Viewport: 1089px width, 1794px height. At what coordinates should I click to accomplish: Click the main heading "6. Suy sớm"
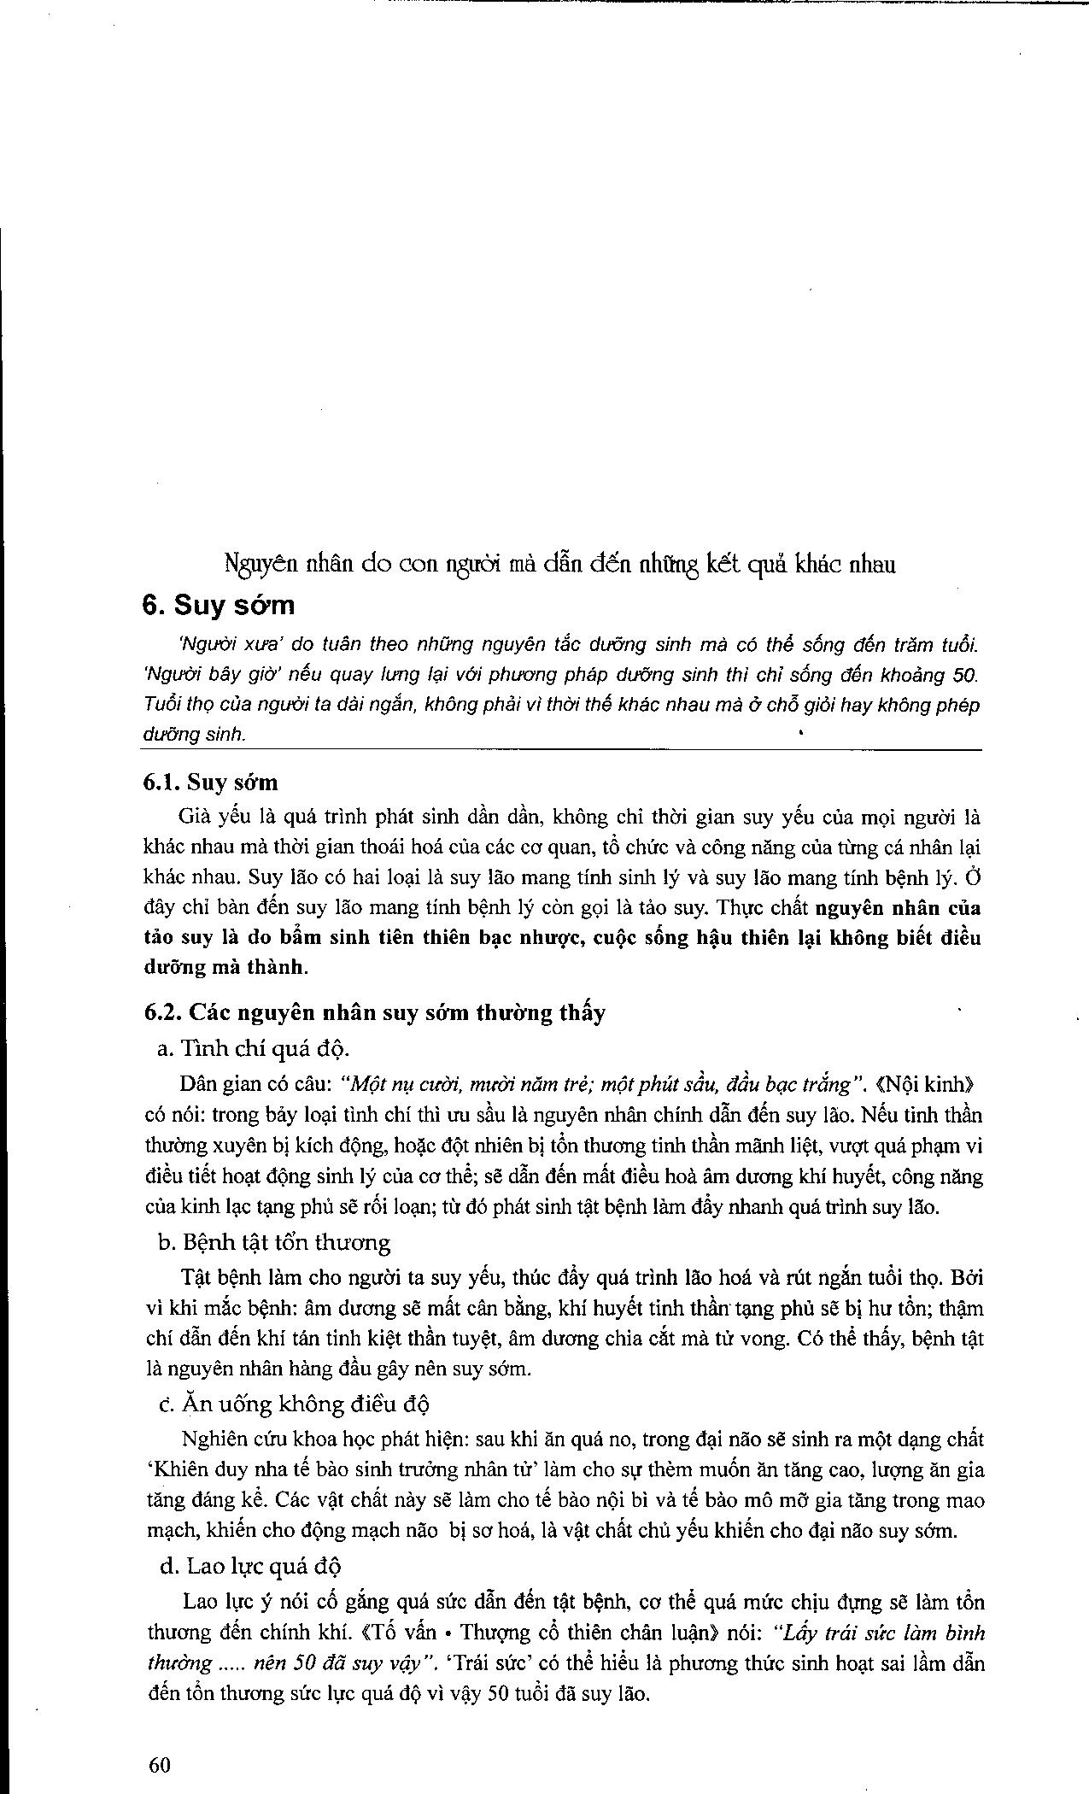pos(218,605)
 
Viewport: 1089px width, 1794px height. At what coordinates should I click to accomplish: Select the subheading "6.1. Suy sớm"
pos(211,783)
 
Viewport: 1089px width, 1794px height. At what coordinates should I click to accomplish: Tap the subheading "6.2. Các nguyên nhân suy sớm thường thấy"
pos(375,1012)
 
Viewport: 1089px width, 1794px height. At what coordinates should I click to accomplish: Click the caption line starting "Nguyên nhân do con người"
pos(559,564)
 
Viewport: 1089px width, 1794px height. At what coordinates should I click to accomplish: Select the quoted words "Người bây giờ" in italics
pos(197,674)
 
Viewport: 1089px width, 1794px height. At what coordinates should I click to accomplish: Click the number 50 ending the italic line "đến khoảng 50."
pos(963,674)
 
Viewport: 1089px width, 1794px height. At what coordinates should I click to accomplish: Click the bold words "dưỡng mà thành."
pos(224,968)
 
